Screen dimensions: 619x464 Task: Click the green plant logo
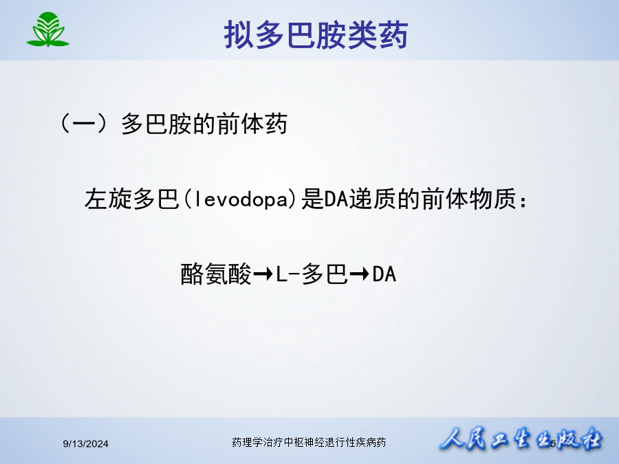click(47, 30)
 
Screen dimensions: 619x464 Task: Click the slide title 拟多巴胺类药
click(316, 35)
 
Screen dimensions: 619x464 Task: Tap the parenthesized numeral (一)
click(84, 124)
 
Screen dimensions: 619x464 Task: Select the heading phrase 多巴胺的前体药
click(204, 124)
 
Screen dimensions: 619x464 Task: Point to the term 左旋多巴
click(132, 199)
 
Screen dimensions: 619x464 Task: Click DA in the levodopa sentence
click(336, 199)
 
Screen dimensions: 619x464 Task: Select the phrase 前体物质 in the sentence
click(468, 199)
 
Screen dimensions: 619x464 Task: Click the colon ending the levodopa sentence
click(523, 201)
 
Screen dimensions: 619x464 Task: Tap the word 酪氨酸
click(215, 274)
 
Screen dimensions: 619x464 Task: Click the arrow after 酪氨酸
click(263, 274)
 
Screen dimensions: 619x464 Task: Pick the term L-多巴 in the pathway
click(312, 274)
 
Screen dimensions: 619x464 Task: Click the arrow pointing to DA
click(360, 274)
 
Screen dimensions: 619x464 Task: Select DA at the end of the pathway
click(384, 274)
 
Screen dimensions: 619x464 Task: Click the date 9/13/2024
click(86, 444)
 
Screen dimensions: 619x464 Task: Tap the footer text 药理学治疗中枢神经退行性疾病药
click(309, 442)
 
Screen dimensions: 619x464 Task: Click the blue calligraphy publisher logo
click(521, 439)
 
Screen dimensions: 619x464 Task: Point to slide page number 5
click(553, 443)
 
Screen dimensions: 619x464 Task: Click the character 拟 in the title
click(239, 35)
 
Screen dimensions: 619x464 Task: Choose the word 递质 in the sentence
click(372, 199)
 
